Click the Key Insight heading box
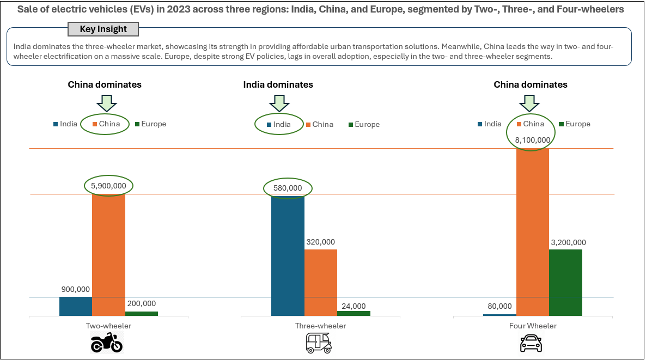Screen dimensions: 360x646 click(103, 29)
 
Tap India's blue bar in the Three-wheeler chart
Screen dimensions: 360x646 click(288, 256)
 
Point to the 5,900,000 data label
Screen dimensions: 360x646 click(109, 186)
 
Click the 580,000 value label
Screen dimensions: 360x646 click(288, 188)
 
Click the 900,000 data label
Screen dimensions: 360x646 click(76, 289)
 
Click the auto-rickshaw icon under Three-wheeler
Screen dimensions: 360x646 click(319, 343)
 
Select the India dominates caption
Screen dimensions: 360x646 click(278, 84)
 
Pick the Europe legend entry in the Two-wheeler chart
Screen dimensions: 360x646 click(150, 124)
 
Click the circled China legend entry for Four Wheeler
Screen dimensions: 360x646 click(529, 124)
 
